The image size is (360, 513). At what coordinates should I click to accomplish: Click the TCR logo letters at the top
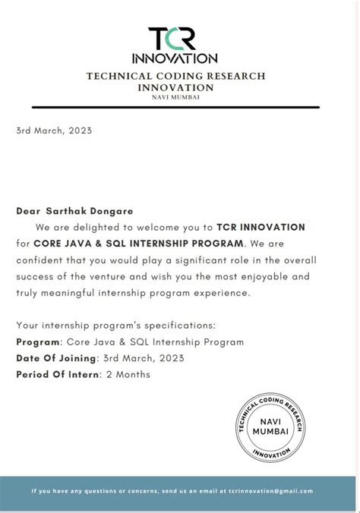pos(175,37)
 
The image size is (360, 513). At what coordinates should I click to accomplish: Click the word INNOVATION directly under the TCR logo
pos(175,58)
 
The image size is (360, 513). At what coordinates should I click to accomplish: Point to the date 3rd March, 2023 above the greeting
pos(54,130)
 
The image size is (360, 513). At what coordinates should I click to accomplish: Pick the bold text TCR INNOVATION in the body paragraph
pos(261,227)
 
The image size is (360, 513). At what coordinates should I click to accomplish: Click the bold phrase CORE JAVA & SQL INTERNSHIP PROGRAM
pos(139,244)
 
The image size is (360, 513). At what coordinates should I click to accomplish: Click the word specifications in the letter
pos(163,325)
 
